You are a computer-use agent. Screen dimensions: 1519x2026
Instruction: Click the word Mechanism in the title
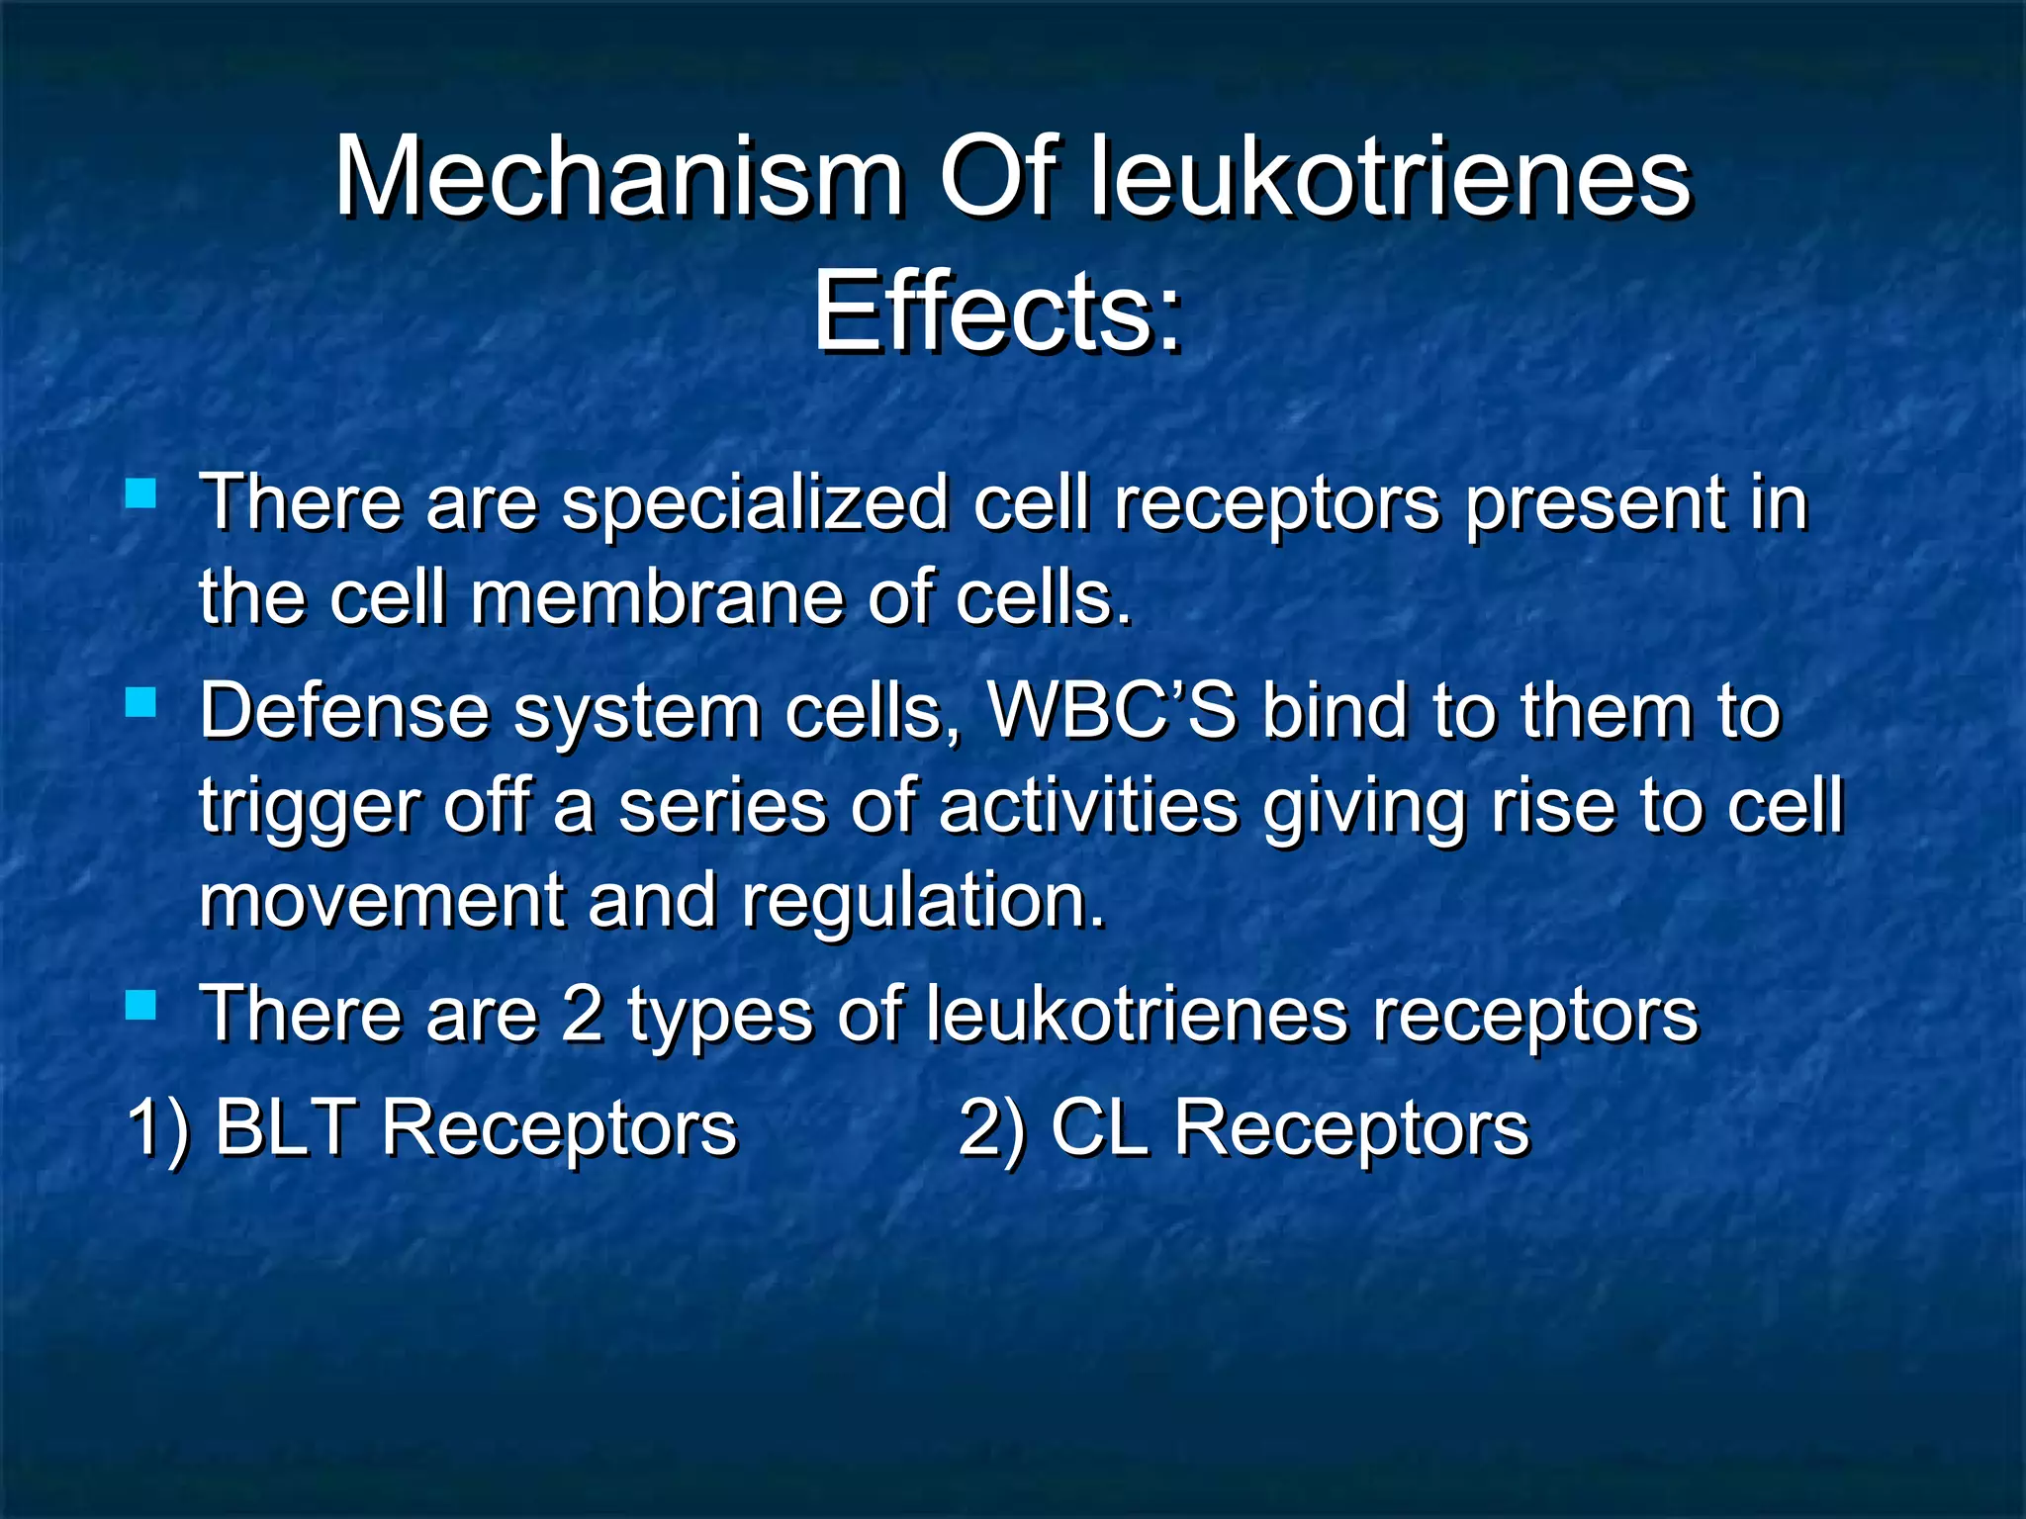coord(618,179)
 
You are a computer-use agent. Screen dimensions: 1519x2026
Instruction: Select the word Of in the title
coord(998,179)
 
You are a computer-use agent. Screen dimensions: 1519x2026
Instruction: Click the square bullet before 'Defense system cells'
coord(141,703)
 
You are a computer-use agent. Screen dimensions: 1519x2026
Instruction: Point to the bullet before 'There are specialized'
coord(141,492)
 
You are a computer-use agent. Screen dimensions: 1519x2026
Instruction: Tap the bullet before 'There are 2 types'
coord(141,1006)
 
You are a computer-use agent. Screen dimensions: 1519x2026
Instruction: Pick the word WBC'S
coord(1112,711)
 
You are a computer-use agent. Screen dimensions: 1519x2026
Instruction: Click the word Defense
coord(344,711)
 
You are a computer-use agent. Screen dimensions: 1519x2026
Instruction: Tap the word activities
coord(1088,805)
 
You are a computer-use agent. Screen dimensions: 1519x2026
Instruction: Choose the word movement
coord(381,900)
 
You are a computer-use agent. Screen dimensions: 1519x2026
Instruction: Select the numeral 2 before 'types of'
coord(582,1015)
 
